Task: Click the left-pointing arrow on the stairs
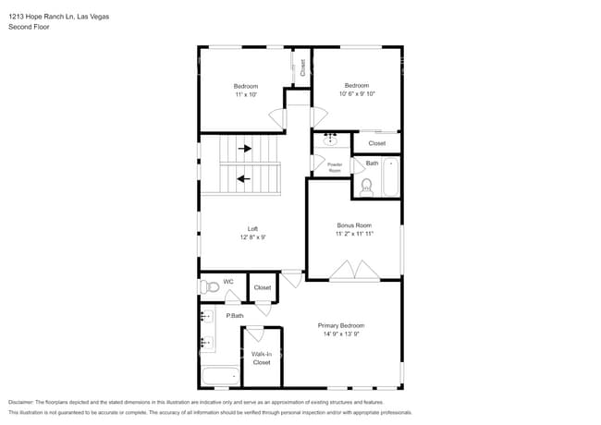coord(244,179)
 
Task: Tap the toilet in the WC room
coord(211,287)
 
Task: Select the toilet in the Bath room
coord(365,188)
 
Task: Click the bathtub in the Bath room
coord(390,178)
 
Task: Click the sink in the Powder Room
coord(330,141)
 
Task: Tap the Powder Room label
coord(335,167)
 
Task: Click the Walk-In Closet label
coord(262,358)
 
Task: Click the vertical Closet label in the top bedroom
coord(301,67)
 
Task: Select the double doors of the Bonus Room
coord(355,270)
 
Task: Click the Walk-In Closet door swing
coord(255,334)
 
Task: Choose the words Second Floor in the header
coord(28,28)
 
